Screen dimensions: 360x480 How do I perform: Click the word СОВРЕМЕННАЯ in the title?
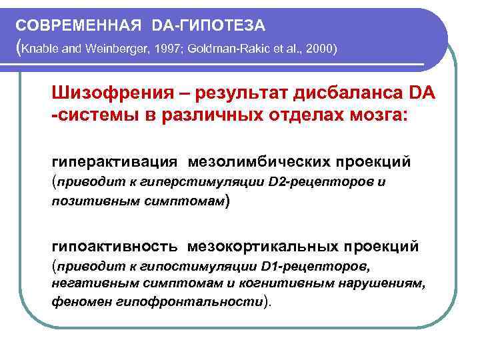pyautogui.click(x=78, y=25)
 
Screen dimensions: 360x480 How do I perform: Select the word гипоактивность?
pyautogui.click(x=115, y=246)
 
